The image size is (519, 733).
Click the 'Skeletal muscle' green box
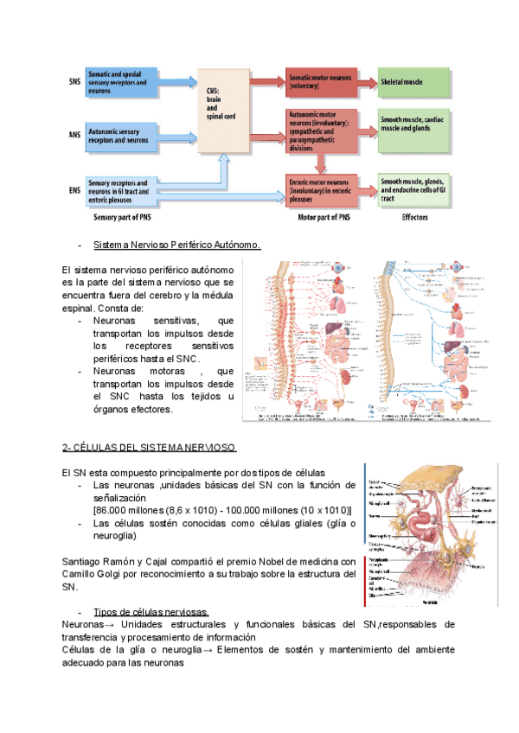click(x=414, y=82)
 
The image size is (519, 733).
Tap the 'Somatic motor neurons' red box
click(x=321, y=82)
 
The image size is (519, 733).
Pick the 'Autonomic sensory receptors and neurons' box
click(x=122, y=134)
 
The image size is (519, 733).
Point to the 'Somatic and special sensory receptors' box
click(x=122, y=82)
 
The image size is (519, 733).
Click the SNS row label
click(x=74, y=83)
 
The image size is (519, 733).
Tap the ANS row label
click(x=74, y=135)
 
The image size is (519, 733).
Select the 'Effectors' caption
click(x=414, y=218)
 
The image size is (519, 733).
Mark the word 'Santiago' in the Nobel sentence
click(x=82, y=561)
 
